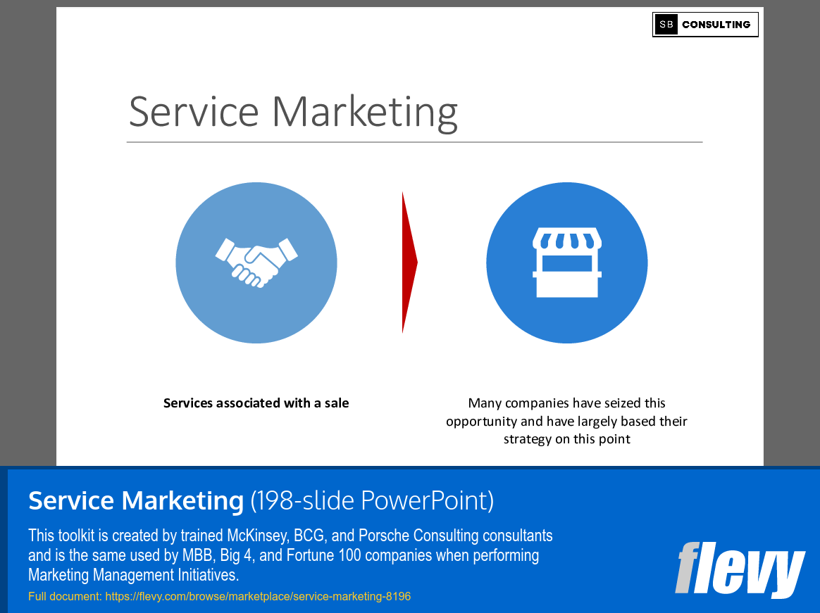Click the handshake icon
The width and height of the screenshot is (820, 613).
[x=256, y=263]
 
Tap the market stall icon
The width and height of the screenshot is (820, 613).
[x=566, y=263]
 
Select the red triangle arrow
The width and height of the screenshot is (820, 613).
[x=409, y=263]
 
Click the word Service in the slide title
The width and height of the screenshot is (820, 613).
[x=194, y=111]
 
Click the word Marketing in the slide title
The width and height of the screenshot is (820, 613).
[x=365, y=113]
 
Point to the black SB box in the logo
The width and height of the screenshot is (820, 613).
[x=666, y=25]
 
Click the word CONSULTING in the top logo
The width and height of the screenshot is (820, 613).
[x=716, y=25]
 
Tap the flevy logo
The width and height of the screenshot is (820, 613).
[x=740, y=569]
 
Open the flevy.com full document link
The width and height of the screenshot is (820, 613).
[x=258, y=597]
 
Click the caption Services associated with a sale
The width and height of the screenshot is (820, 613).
[x=256, y=403]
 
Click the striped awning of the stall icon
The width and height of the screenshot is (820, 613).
[x=566, y=240]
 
